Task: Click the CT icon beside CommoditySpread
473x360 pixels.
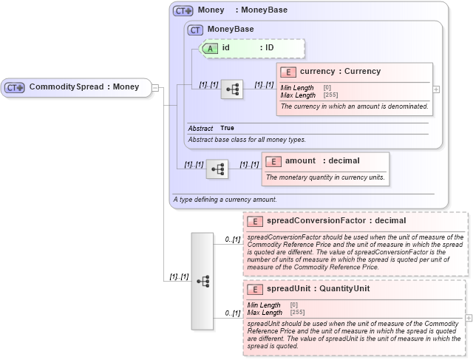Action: [15, 87]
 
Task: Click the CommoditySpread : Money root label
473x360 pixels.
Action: [84, 87]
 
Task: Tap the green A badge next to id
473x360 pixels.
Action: [210, 48]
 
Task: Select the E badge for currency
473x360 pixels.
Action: [288, 72]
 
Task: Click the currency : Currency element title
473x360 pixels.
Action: [340, 72]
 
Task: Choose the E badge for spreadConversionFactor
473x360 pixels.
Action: [255, 221]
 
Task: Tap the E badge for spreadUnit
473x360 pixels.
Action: [255, 289]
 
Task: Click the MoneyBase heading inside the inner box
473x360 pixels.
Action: [230, 30]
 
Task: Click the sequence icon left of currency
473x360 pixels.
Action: [232, 89]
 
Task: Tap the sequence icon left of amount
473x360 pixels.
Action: [217, 169]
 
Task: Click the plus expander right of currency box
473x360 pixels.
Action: [436, 89]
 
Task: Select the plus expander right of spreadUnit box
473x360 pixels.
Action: [469, 318]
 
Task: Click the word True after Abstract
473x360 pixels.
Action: [227, 129]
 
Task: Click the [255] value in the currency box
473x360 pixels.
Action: [330, 95]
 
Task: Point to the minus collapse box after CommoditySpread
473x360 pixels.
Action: [156, 88]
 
